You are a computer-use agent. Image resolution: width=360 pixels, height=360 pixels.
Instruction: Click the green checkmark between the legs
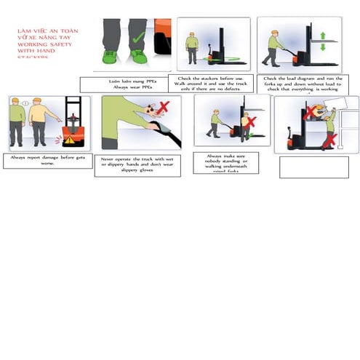[137, 36]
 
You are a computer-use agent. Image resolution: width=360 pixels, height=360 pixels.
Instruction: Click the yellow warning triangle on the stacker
[70, 140]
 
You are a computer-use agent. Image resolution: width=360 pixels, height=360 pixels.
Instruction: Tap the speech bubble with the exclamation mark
[26, 103]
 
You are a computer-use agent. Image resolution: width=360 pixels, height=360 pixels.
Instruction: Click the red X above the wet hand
[164, 108]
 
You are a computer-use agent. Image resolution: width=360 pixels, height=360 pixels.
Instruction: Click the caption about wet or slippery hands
[137, 164]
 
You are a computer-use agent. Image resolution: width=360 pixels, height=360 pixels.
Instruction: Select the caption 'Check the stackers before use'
[210, 83]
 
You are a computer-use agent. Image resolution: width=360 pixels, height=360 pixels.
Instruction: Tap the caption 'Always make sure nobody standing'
[225, 162]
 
